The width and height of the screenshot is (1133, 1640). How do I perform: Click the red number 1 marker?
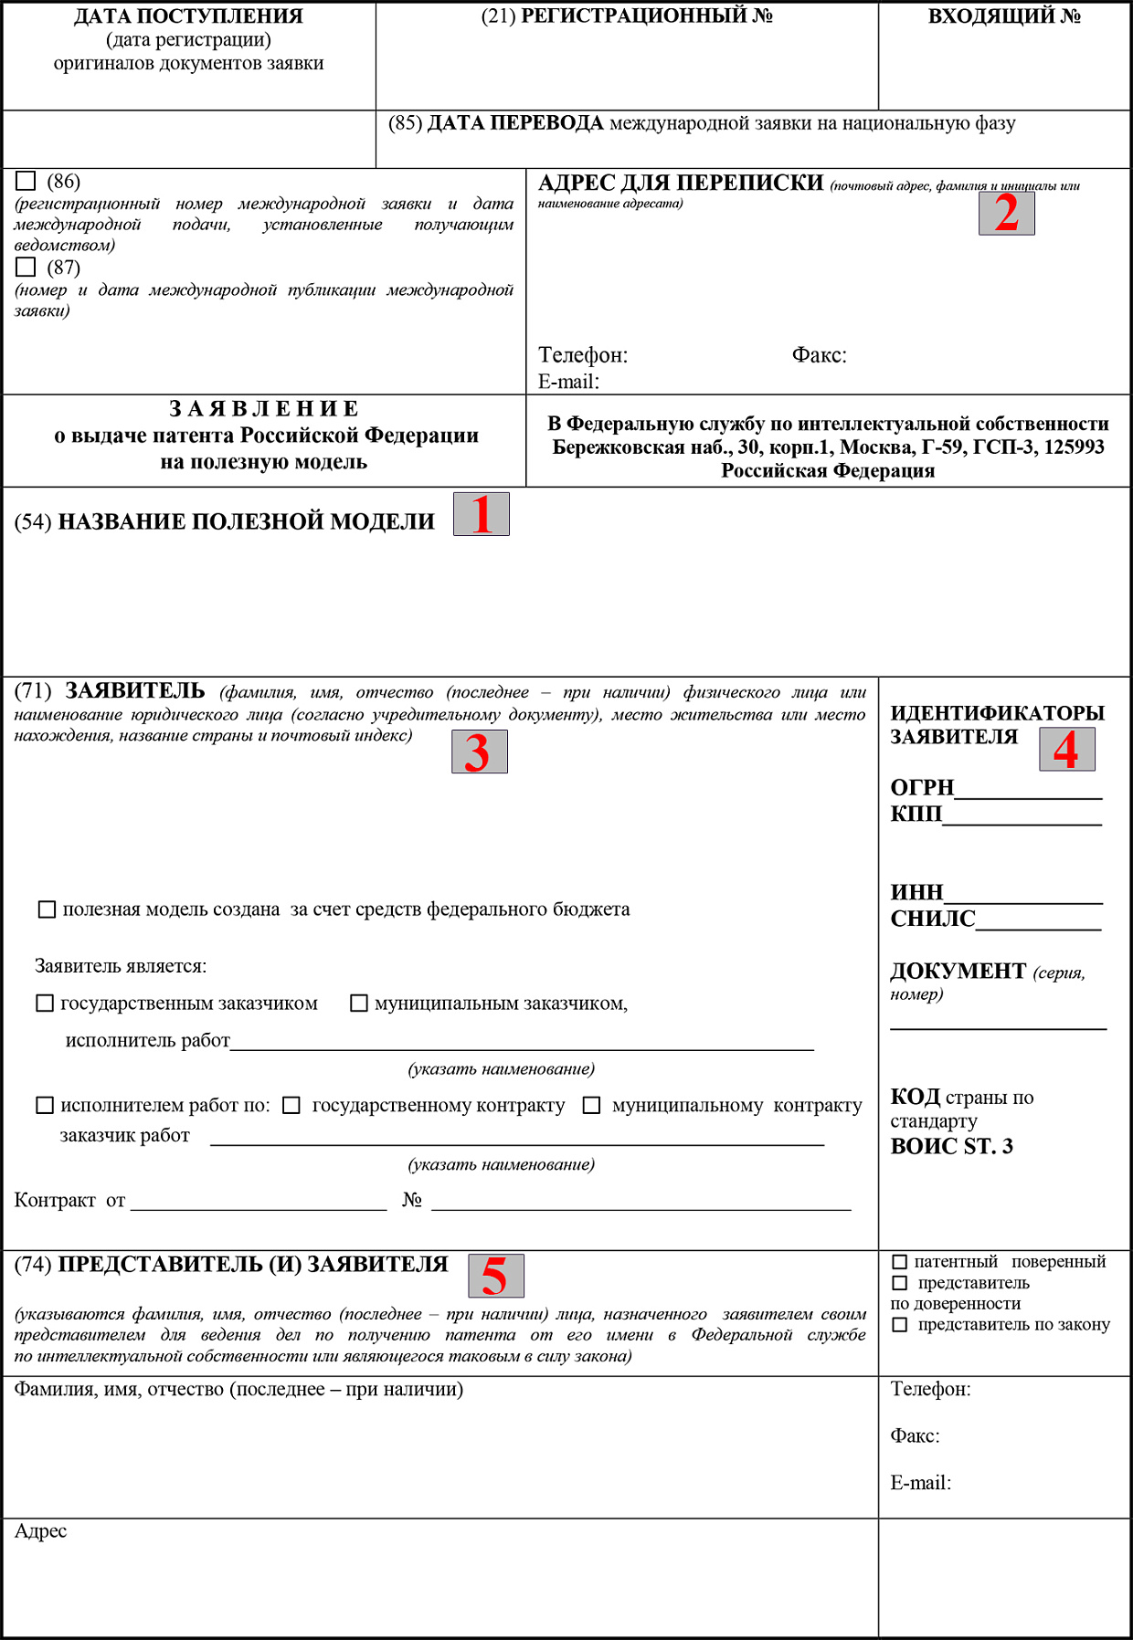pos(482,514)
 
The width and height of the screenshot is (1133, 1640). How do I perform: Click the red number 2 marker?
pos(1006,214)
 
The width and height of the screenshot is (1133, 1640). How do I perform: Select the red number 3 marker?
pos(479,752)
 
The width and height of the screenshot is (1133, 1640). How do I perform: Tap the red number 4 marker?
pos(1066,750)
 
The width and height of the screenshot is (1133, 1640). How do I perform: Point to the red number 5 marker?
pos(495,1276)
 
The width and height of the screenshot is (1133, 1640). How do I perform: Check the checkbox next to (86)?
pos(26,181)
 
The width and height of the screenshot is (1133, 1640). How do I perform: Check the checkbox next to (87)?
pos(26,267)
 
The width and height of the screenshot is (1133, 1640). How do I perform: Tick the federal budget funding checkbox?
pos(47,909)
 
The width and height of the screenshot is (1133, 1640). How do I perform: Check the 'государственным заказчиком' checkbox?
pos(45,1004)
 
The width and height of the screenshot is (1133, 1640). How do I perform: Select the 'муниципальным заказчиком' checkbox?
pos(359,1004)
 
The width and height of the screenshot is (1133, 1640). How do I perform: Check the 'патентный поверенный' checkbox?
pos(900,1262)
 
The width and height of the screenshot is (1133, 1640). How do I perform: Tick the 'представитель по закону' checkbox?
pos(900,1325)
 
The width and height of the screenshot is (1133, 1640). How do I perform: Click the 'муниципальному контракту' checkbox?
pos(592,1106)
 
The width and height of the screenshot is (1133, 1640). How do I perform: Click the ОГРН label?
pos(922,787)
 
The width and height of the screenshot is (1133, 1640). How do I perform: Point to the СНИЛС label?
pos(933,919)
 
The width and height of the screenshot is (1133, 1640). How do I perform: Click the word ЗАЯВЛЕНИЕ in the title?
pos(264,408)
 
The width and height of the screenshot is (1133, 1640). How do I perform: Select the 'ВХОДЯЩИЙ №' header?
pos(1004,16)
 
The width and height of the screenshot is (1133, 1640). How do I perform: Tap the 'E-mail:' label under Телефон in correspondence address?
pos(568,382)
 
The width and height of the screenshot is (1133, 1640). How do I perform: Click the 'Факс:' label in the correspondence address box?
pos(819,355)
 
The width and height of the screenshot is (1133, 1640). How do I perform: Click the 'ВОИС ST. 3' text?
pos(951,1146)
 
